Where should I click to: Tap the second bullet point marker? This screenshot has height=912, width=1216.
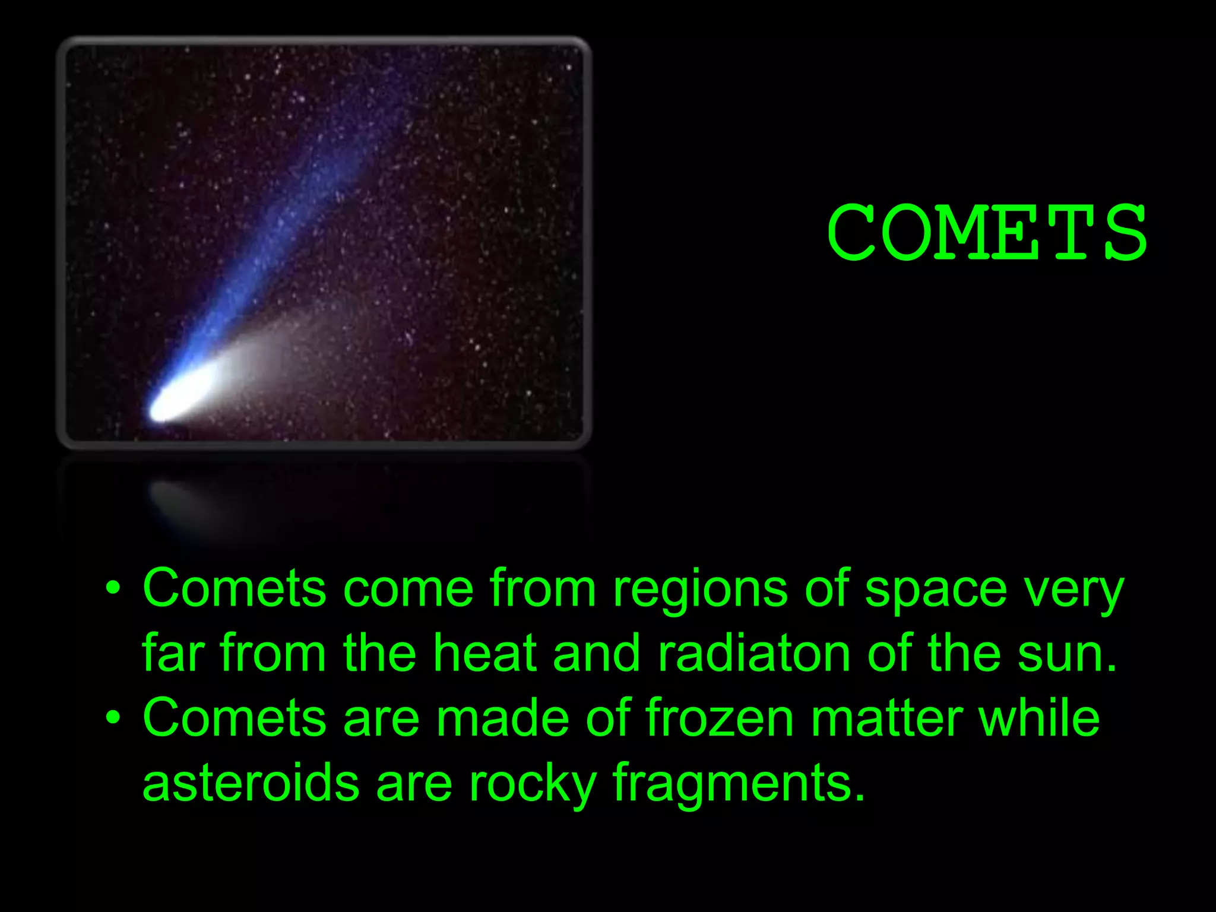click(113, 718)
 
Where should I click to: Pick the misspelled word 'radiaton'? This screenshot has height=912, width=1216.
click(753, 653)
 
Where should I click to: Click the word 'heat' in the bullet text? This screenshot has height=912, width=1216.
click(484, 653)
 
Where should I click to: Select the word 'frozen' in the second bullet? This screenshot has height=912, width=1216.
click(720, 718)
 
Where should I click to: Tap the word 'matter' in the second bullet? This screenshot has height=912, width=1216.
click(887, 718)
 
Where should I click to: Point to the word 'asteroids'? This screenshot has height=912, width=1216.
click(251, 783)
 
